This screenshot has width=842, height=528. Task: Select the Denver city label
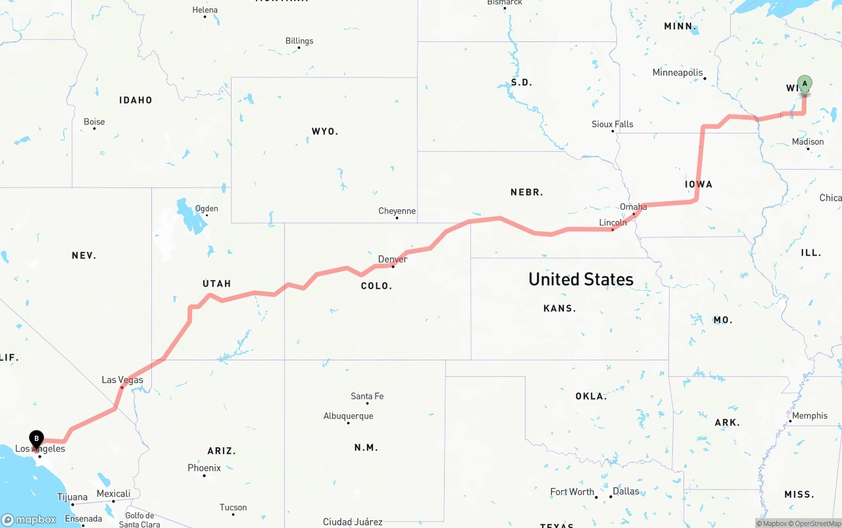pos(393,259)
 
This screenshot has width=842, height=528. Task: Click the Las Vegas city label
pos(122,379)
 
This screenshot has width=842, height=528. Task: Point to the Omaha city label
pos(633,206)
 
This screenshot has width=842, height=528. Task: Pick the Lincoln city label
pos(613,222)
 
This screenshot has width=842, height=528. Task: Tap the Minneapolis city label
pos(678,72)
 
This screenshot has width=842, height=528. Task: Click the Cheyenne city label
pos(397,211)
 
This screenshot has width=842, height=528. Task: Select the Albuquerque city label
pos(348,416)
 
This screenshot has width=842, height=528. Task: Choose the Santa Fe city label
pos(367,396)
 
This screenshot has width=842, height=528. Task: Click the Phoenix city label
pos(204,468)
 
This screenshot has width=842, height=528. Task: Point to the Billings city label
pos(299,41)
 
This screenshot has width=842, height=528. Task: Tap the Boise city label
pos(94,122)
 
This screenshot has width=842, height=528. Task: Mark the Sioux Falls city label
pos(612,124)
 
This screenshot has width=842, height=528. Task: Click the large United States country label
pos(581,279)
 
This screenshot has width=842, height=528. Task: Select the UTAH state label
pos(216,283)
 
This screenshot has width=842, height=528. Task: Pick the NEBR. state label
pos(527,192)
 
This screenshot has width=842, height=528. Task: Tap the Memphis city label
pos(810,416)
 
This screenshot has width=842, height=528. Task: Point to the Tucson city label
pos(234,507)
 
